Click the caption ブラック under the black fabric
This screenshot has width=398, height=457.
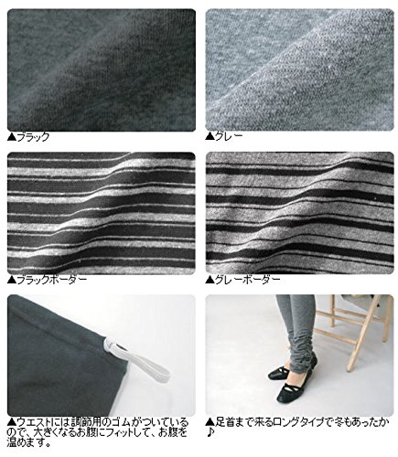(33, 137)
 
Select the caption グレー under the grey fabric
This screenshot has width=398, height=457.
(229, 136)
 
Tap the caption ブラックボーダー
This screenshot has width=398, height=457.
(52, 280)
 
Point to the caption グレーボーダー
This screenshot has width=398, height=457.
(247, 280)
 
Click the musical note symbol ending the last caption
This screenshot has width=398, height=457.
(210, 432)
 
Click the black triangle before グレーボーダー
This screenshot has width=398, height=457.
(210, 280)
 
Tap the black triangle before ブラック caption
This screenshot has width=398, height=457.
(12, 137)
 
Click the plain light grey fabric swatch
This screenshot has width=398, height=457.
(299, 69)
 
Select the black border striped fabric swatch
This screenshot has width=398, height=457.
(102, 213)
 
